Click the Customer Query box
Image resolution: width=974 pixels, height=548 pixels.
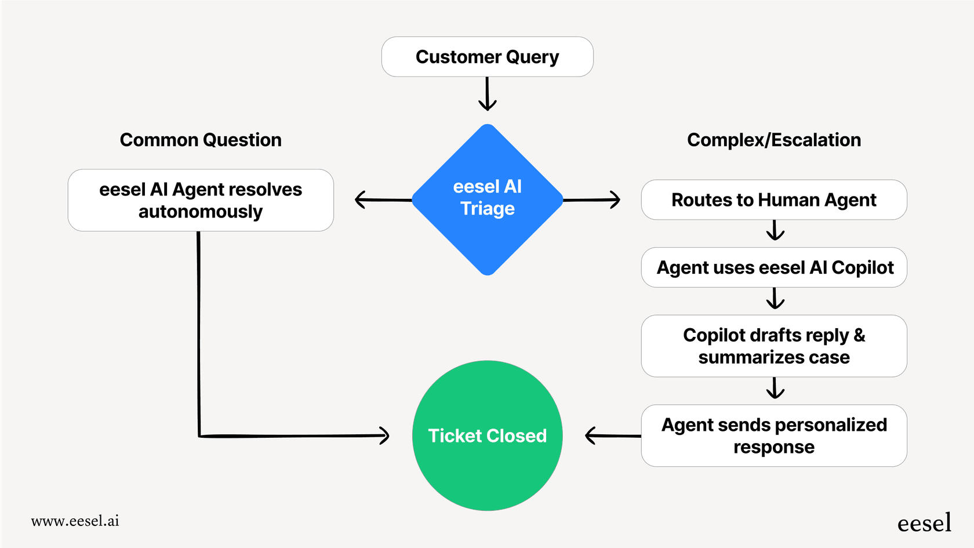[487, 57]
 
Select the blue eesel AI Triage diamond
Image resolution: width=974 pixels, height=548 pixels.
[487, 199]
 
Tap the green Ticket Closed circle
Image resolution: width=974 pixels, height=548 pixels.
[487, 436]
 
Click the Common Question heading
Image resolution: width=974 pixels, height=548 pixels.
[201, 140]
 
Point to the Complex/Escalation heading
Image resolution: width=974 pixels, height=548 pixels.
[773, 140]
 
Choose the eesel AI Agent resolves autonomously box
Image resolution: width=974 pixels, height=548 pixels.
[201, 200]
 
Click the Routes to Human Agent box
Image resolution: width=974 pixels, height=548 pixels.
[773, 200]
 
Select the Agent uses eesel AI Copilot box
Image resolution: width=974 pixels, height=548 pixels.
[773, 267]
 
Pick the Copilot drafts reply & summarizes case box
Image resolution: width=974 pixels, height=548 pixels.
[773, 346]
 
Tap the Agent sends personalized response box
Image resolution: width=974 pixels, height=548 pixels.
[773, 436]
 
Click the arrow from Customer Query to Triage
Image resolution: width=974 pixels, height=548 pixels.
[487, 94]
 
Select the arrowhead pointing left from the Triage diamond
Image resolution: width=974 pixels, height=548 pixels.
[361, 199]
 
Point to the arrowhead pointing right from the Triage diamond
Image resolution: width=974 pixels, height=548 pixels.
[615, 199]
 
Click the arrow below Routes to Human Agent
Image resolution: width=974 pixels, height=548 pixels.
[775, 231]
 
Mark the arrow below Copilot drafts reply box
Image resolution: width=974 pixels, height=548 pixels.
[775, 389]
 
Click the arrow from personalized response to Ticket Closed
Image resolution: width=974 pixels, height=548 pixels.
[612, 436]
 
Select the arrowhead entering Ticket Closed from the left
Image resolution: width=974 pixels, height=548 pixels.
[384, 436]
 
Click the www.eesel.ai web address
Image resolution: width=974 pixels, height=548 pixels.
[75, 521]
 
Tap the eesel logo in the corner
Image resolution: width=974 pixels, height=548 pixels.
[924, 522]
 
